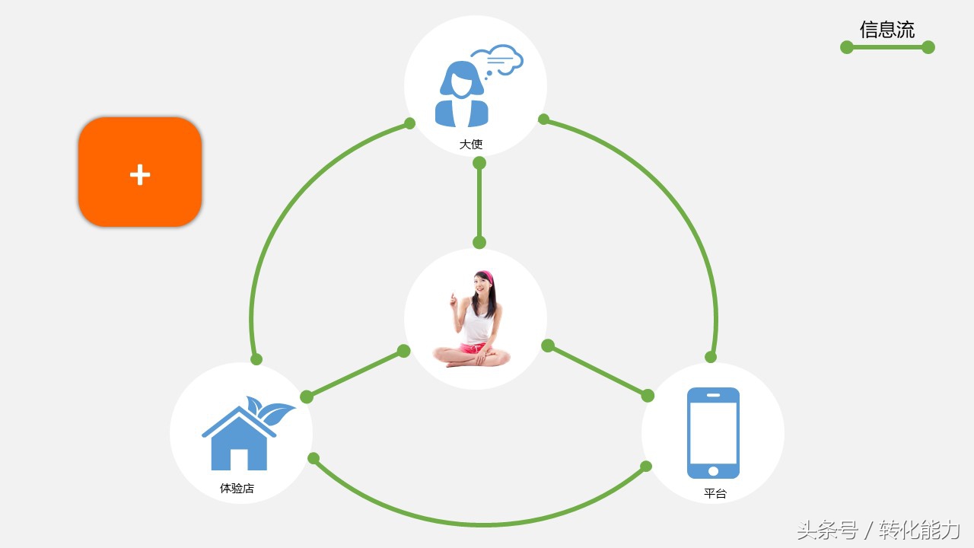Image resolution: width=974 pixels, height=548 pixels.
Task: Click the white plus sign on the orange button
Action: coord(140,175)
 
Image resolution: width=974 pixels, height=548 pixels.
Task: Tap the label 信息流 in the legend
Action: coord(886,30)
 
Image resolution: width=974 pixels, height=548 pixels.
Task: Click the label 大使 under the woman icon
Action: coord(471,144)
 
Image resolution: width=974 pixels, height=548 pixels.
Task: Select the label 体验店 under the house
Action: coord(237,488)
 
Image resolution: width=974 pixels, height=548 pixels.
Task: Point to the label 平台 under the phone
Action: coord(715,493)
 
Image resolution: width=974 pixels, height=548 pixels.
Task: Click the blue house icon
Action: coord(239,437)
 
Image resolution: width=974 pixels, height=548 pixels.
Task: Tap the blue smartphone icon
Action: coord(713,433)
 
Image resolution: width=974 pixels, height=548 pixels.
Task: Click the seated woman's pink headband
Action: coord(485,276)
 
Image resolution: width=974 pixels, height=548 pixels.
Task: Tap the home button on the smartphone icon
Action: coord(713,471)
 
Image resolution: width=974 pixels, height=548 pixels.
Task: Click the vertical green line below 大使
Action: coord(479,202)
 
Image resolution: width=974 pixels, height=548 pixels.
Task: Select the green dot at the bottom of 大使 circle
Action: coord(479,163)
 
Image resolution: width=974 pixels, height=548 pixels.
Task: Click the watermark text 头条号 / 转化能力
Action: coord(878,530)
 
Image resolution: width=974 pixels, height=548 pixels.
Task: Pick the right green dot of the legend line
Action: coord(928,47)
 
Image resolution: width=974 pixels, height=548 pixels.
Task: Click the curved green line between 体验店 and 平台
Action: coord(479,524)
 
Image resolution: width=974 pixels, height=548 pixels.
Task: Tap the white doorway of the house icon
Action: coord(239,459)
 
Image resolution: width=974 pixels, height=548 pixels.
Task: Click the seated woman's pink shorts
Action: coord(473,348)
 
